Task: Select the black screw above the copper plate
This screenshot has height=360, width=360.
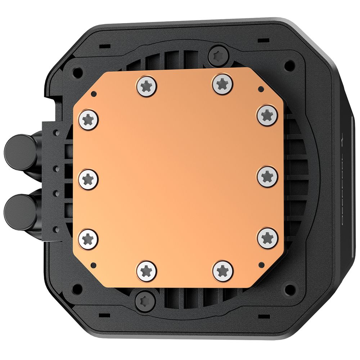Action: pyautogui.click(x=218, y=55)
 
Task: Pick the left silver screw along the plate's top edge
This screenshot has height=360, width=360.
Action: pyautogui.click(x=147, y=85)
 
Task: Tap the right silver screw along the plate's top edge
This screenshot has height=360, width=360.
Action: pyautogui.click(x=223, y=84)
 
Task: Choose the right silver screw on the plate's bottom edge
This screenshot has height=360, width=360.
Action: pyautogui.click(x=223, y=270)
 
